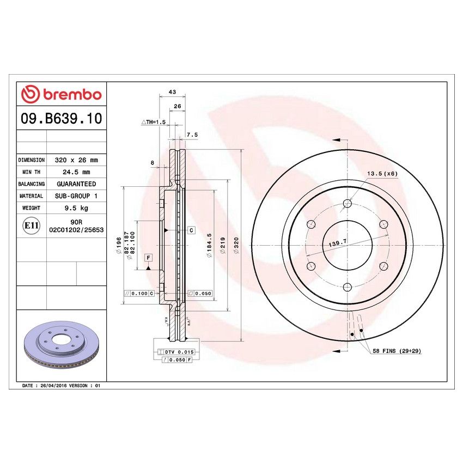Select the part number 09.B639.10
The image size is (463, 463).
click(60, 119)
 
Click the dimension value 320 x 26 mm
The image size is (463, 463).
click(76, 161)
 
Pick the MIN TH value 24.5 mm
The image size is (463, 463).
click(76, 173)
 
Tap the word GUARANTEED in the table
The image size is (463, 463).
click(76, 184)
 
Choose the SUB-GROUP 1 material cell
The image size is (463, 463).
click(76, 196)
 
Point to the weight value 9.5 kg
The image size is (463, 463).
click(76, 208)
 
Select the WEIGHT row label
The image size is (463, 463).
click(32, 208)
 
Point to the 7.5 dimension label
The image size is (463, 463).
click(192, 134)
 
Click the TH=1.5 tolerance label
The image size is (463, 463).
click(153, 122)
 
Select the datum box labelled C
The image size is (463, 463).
click(192, 230)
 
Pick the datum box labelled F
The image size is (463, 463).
click(148, 257)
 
